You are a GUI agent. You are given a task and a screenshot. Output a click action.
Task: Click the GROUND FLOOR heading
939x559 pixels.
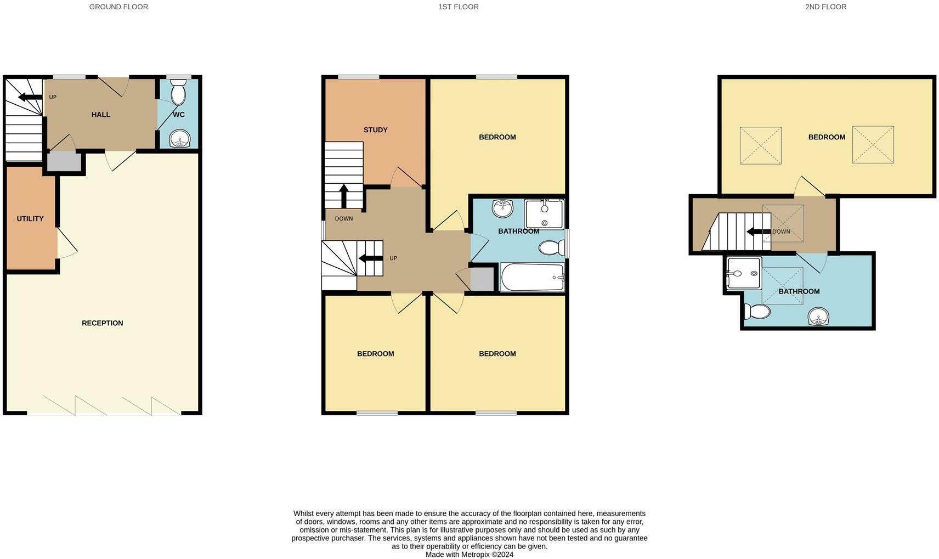point(118,7)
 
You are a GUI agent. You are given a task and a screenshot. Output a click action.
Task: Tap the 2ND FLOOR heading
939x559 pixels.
point(825,7)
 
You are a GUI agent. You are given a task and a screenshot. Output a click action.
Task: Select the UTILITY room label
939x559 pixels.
point(30,218)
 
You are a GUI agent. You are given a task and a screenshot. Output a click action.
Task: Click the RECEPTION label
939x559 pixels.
point(102,323)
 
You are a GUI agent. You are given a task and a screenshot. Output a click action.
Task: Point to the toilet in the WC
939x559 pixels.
point(178,92)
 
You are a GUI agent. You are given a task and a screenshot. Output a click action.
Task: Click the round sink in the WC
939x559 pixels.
point(178,139)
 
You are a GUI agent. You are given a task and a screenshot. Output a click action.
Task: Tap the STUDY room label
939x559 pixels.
point(375,130)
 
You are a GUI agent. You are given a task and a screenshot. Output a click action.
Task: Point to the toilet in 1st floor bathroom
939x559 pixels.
point(551,248)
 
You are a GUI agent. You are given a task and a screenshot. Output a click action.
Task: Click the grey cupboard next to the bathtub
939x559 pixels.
point(482,279)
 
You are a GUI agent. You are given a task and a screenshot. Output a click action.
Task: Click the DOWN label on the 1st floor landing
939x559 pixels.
point(344,218)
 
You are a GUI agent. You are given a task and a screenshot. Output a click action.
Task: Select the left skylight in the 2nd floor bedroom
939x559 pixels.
point(760,145)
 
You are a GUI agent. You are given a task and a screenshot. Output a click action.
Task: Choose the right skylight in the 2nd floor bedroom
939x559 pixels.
point(873,145)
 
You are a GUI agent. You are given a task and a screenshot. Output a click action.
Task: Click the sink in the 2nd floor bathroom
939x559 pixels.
point(818,317)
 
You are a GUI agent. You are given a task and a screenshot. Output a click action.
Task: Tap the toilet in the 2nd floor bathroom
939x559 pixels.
point(757,312)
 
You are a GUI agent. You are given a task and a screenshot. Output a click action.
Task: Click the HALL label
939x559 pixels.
point(101,115)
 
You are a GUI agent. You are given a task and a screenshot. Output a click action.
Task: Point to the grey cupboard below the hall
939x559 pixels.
point(64,162)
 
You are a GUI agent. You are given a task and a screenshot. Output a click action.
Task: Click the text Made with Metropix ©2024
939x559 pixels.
point(469,555)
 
